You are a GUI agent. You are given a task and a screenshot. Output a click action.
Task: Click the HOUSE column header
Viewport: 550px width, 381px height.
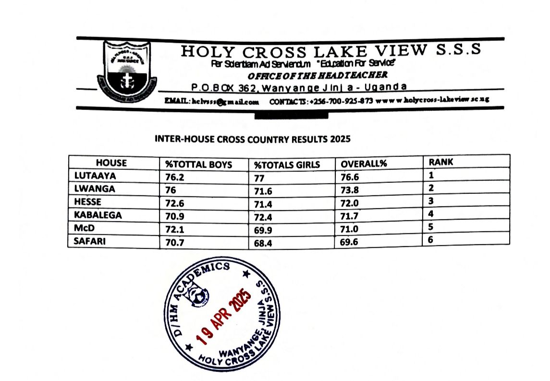(111, 163)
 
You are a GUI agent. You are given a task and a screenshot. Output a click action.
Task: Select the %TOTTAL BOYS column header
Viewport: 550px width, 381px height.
(198, 165)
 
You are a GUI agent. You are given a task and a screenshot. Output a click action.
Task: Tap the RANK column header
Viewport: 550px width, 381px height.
(441, 162)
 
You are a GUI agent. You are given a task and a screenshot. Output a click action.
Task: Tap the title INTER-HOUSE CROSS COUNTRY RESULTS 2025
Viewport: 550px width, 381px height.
(253, 140)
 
